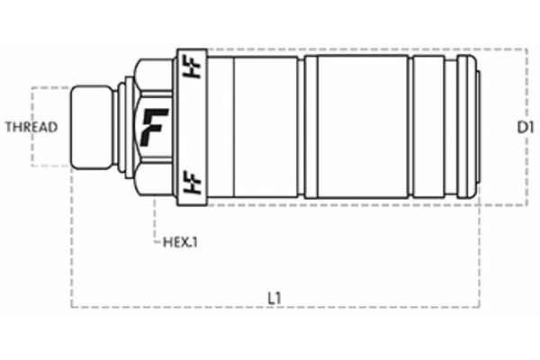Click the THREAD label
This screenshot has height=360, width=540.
[31, 127]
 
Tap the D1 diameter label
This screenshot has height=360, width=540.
[526, 128]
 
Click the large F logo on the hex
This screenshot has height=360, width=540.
[156, 127]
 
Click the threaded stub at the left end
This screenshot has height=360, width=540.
[92, 126]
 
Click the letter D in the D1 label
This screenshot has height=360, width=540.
[522, 128]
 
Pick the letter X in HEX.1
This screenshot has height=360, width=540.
[184, 241]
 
